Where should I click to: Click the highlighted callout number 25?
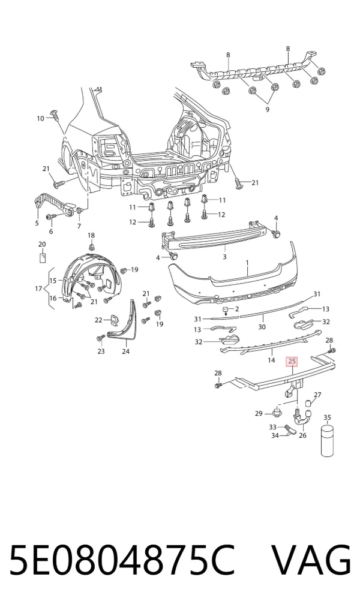coord(292,362)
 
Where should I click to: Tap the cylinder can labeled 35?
coord(328,441)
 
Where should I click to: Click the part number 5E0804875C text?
coord(122,561)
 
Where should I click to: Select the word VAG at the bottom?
coord(311,561)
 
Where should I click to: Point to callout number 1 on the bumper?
coord(247,263)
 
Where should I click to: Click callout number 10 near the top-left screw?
coord(40,118)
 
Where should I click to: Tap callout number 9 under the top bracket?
coord(268,110)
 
